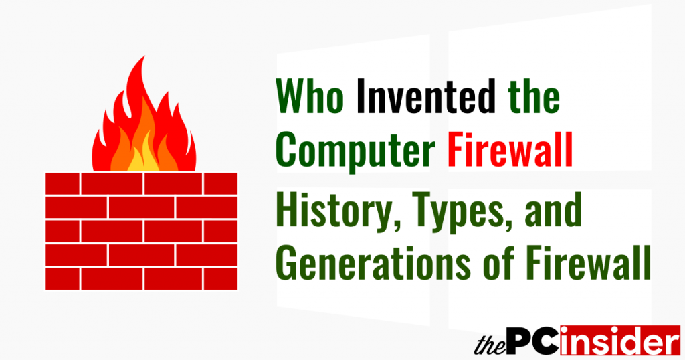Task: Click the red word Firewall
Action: click(x=510, y=153)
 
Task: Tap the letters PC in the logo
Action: click(x=533, y=342)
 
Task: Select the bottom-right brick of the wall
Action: click(x=220, y=279)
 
